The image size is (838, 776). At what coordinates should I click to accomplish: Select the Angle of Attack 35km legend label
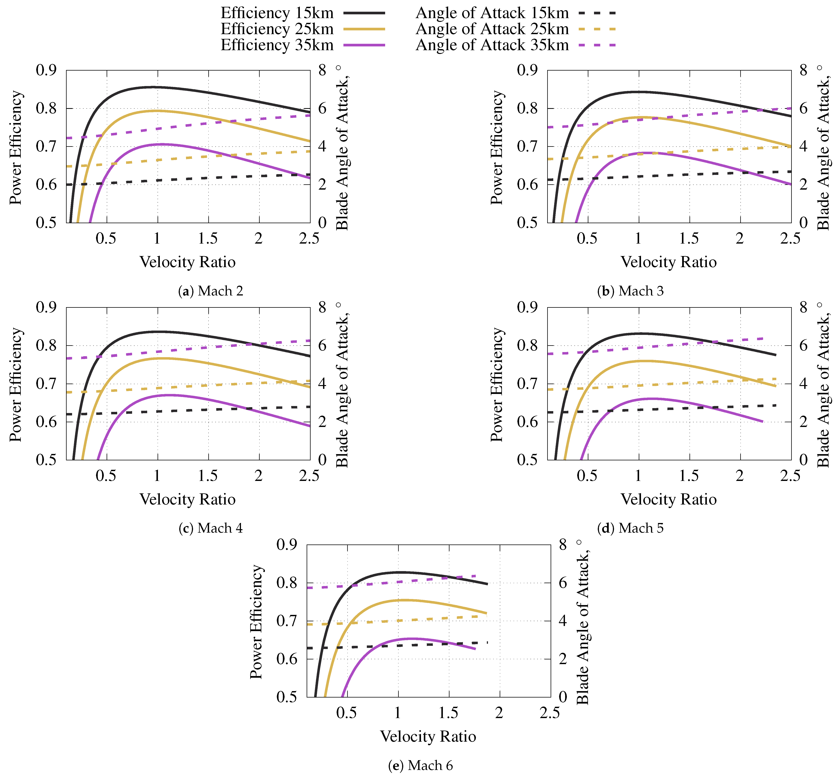[492, 45]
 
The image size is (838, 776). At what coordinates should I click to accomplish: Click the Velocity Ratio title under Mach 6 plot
[428, 736]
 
